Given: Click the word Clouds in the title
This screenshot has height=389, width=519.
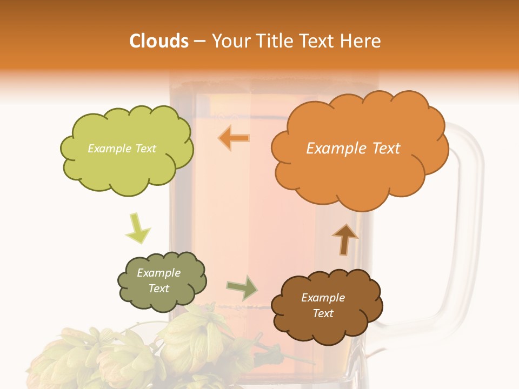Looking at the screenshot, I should (x=158, y=41).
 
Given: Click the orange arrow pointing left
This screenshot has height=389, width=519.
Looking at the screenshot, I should (x=234, y=138).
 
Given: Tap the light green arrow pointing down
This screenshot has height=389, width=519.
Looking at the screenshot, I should (x=137, y=227).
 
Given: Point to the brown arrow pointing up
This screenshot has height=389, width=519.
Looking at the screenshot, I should (x=344, y=239).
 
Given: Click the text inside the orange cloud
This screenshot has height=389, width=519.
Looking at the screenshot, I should (x=353, y=148).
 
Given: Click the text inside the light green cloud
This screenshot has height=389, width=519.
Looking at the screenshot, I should (x=122, y=148).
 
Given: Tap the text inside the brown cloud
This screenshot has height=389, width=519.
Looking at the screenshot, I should (x=323, y=305).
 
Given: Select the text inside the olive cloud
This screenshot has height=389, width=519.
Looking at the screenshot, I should (x=158, y=280).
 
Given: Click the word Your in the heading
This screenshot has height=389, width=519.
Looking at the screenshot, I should (x=229, y=41).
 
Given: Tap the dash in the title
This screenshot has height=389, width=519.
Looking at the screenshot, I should (x=199, y=42).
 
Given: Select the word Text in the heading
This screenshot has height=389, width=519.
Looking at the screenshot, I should (x=315, y=41).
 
